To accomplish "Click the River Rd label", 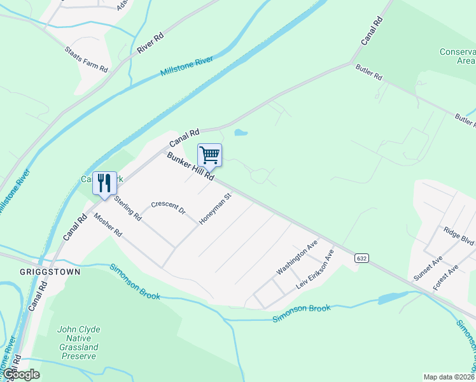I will [150, 42].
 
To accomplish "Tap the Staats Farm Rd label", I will [87, 59].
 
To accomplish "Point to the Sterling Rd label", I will [128, 208].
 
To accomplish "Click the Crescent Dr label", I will [168, 208].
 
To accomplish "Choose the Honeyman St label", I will [214, 209].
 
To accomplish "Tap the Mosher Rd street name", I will [108, 224].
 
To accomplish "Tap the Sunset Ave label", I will [428, 269].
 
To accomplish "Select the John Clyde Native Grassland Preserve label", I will [78, 343].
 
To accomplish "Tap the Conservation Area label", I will [457, 56].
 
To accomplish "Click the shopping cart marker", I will [209, 155].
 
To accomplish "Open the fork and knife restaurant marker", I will [104, 183].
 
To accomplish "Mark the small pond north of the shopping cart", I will [240, 133].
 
